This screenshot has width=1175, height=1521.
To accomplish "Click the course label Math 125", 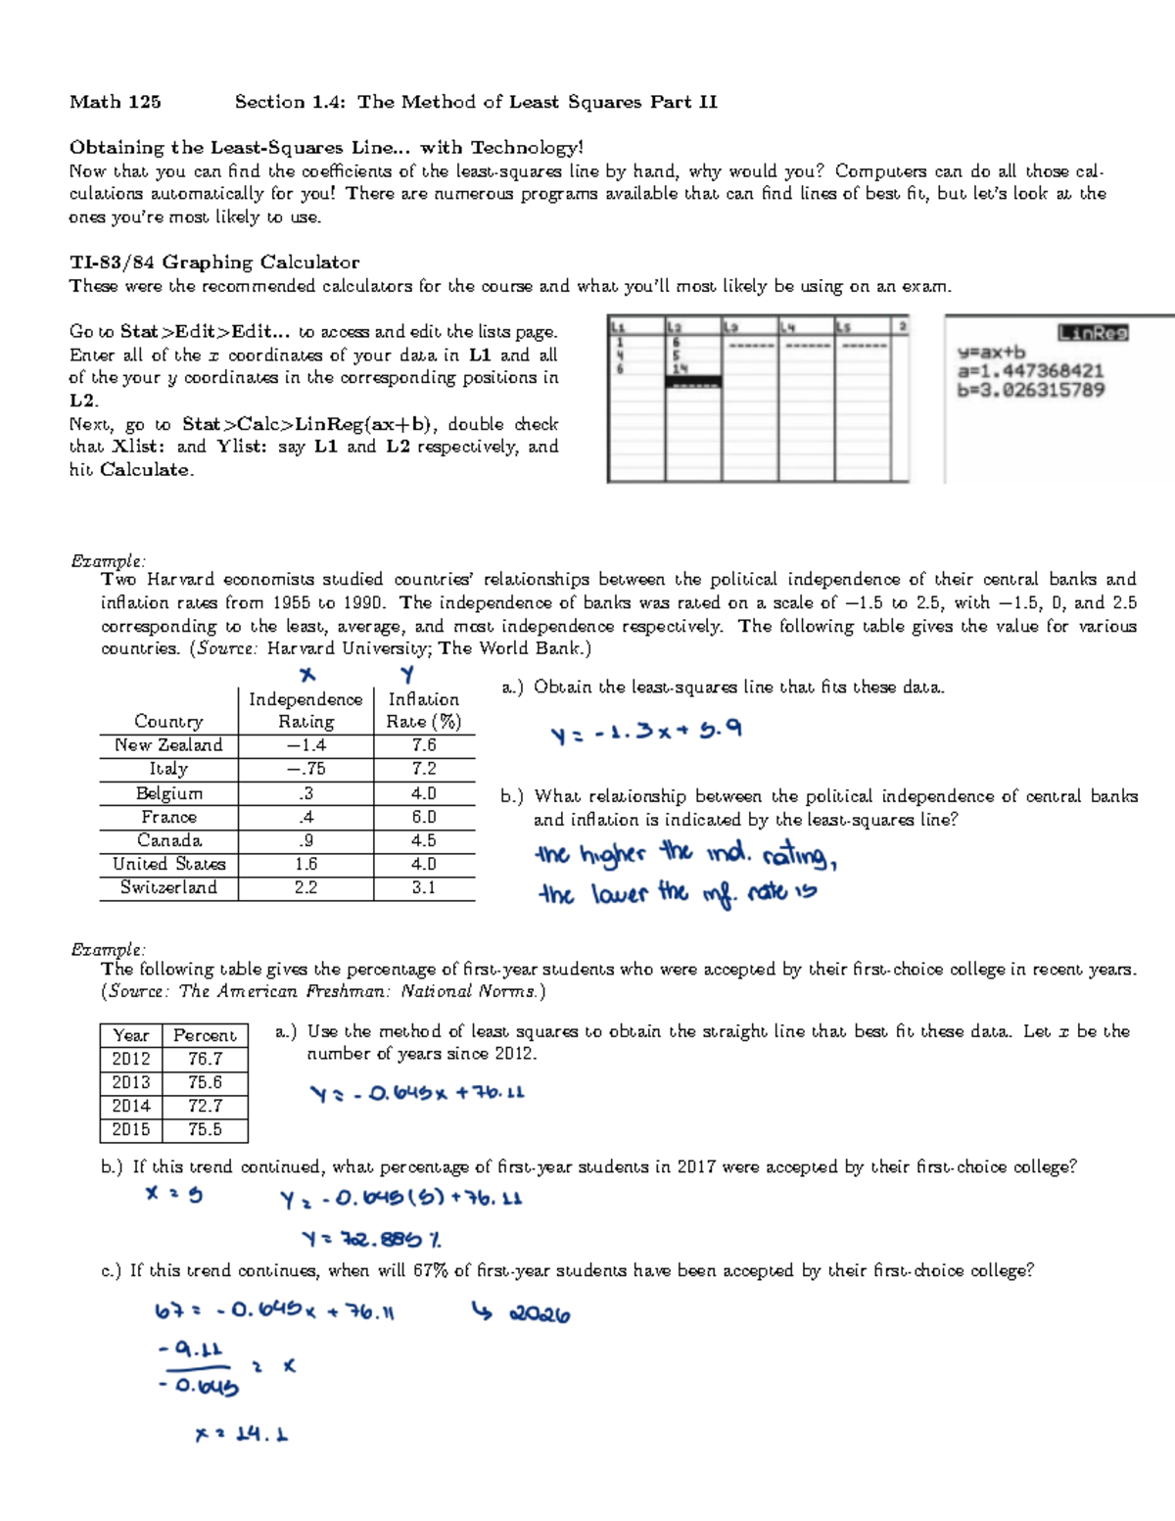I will (115, 102).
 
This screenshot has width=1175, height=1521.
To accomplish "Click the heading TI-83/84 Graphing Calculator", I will (213, 261).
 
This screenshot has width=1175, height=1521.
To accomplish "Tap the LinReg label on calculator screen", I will (1093, 333).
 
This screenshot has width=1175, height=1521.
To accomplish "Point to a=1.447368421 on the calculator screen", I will (1030, 371).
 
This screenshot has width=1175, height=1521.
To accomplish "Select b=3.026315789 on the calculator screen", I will (1030, 390).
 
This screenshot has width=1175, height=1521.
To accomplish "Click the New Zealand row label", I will (167, 745).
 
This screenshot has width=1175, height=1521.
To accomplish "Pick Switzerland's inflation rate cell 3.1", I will (423, 887).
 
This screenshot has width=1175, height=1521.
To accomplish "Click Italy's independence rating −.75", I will (305, 769).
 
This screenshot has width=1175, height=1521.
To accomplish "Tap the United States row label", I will (168, 864).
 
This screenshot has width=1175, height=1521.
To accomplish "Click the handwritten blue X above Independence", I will (307, 675).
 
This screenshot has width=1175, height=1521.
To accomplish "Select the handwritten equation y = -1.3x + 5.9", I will (646, 732).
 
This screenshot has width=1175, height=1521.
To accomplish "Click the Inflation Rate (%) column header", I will (423, 710).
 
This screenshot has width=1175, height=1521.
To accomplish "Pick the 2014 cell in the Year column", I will (130, 1106).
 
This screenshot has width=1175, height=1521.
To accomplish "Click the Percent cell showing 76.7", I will (205, 1059).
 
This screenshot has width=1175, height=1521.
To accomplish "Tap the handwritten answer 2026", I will (538, 1314).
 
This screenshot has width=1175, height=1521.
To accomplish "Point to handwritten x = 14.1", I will (241, 1434).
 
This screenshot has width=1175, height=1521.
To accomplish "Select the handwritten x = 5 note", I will (173, 1194).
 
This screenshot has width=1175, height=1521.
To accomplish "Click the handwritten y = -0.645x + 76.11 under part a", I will (417, 1093).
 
